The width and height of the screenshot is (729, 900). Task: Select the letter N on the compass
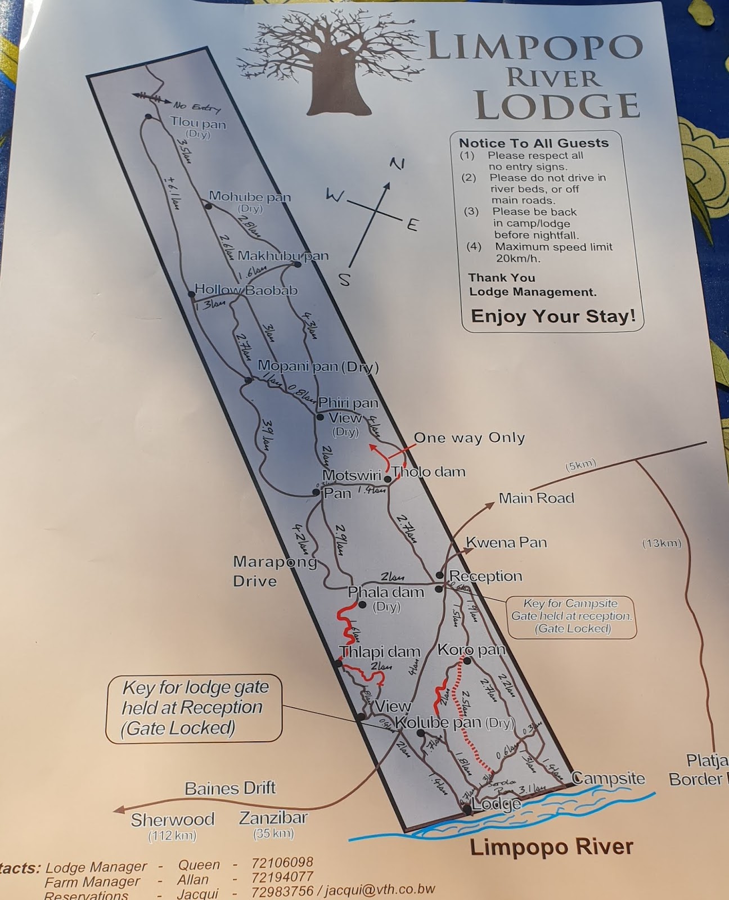click(x=397, y=164)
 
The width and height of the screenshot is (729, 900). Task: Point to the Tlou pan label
click(x=198, y=124)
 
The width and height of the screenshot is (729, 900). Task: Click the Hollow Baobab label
click(x=246, y=290)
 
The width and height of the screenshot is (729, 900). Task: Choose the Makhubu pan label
click(x=282, y=256)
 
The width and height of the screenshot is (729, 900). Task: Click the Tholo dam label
click(x=429, y=472)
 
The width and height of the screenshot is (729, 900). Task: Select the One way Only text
click(x=469, y=438)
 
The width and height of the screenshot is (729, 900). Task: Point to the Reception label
click(x=485, y=576)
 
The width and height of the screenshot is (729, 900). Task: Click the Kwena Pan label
click(x=506, y=542)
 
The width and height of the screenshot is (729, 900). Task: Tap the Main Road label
click(x=536, y=498)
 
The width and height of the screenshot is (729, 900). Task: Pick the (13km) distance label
click(x=661, y=543)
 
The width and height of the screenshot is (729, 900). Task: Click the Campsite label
click(x=608, y=778)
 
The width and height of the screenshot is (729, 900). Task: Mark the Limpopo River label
click(x=551, y=847)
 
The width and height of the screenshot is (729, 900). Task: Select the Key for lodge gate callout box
click(x=193, y=708)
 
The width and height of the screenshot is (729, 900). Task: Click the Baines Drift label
click(x=230, y=788)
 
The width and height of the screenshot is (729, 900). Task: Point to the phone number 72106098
click(x=282, y=862)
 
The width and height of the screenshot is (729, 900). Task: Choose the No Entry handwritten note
click(x=197, y=107)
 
